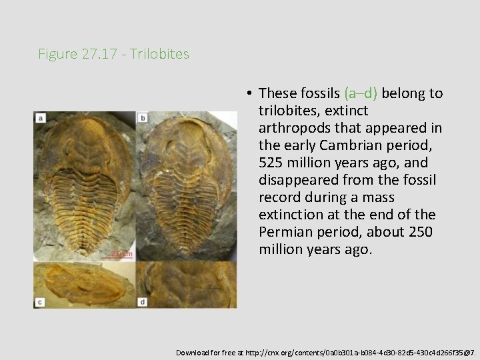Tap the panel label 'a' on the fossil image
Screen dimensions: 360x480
coord(41,118)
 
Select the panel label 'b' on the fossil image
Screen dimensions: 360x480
coord(143,118)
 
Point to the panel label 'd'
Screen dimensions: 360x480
coord(143,301)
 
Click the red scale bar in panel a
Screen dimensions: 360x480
coord(122,254)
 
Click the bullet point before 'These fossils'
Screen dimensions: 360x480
coord(247,93)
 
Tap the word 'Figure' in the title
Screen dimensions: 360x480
coord(58,54)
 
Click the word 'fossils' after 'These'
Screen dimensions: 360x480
coord(318,93)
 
